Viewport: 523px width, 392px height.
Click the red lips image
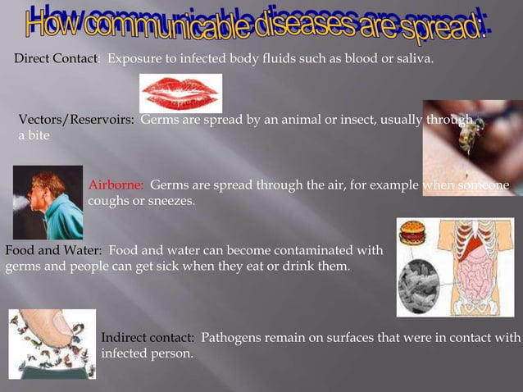pos(180,93)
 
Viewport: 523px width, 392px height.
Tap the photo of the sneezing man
pos(48,202)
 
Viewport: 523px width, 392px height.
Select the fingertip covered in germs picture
pos(52,344)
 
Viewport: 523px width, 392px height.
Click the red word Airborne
pos(116,185)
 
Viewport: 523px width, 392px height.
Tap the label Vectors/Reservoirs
pos(76,121)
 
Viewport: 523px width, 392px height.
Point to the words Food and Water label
pos(53,249)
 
